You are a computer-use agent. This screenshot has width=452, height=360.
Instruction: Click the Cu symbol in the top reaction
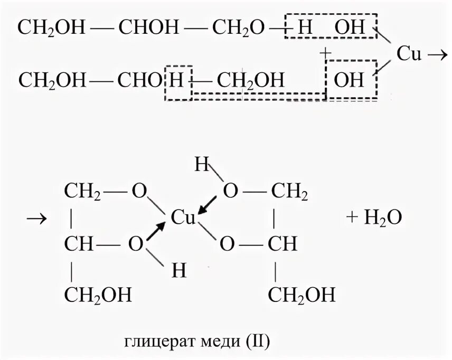point(408,54)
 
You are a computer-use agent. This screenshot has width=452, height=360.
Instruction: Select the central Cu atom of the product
point(183,218)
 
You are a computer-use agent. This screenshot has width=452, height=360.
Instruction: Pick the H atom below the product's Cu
point(179,270)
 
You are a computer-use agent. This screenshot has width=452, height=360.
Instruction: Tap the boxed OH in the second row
point(350,80)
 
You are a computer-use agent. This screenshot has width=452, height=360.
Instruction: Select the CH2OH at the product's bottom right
point(302,295)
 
